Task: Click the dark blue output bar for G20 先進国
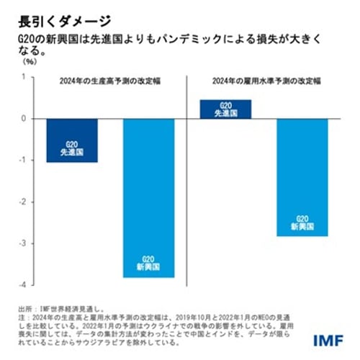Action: pyautogui.click(x=72, y=140)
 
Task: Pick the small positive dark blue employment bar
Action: pyautogui.click(x=225, y=109)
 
